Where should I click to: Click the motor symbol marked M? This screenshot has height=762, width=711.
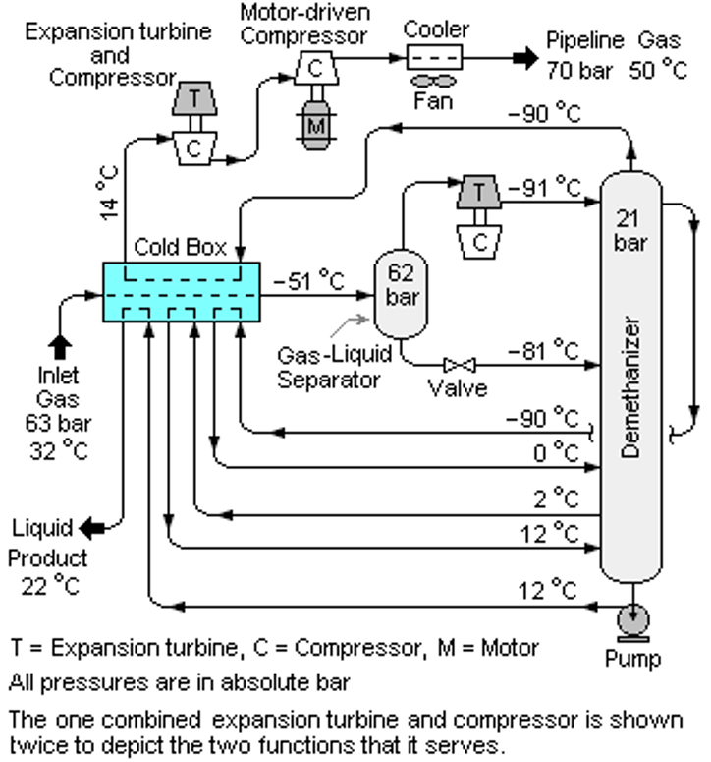[316, 125]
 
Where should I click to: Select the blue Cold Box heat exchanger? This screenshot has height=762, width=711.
[182, 292]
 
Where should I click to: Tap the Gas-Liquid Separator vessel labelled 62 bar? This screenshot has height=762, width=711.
[401, 294]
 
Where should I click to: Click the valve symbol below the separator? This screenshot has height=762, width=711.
[460, 365]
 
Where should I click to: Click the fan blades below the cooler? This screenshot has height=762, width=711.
[433, 81]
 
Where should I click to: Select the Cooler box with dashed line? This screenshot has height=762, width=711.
[434, 57]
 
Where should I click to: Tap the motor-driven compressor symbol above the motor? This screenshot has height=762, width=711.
[316, 68]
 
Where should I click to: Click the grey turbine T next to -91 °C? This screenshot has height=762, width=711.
[479, 192]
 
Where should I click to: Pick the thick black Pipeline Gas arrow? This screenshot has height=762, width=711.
[525, 58]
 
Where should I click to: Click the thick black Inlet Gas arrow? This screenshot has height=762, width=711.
[60, 347]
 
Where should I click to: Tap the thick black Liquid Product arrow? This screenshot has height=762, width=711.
[91, 528]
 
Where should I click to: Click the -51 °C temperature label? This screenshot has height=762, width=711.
[308, 281]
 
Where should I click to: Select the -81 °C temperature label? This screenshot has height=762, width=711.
[543, 350]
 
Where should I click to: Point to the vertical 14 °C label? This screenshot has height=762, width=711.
[109, 194]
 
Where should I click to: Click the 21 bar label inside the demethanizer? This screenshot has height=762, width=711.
[629, 230]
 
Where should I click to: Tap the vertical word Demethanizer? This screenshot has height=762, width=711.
[630, 387]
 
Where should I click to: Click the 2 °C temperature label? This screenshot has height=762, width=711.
[556, 498]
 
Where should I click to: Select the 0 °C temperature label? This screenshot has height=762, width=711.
[556, 453]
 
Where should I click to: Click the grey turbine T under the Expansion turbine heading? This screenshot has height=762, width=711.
[194, 98]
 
